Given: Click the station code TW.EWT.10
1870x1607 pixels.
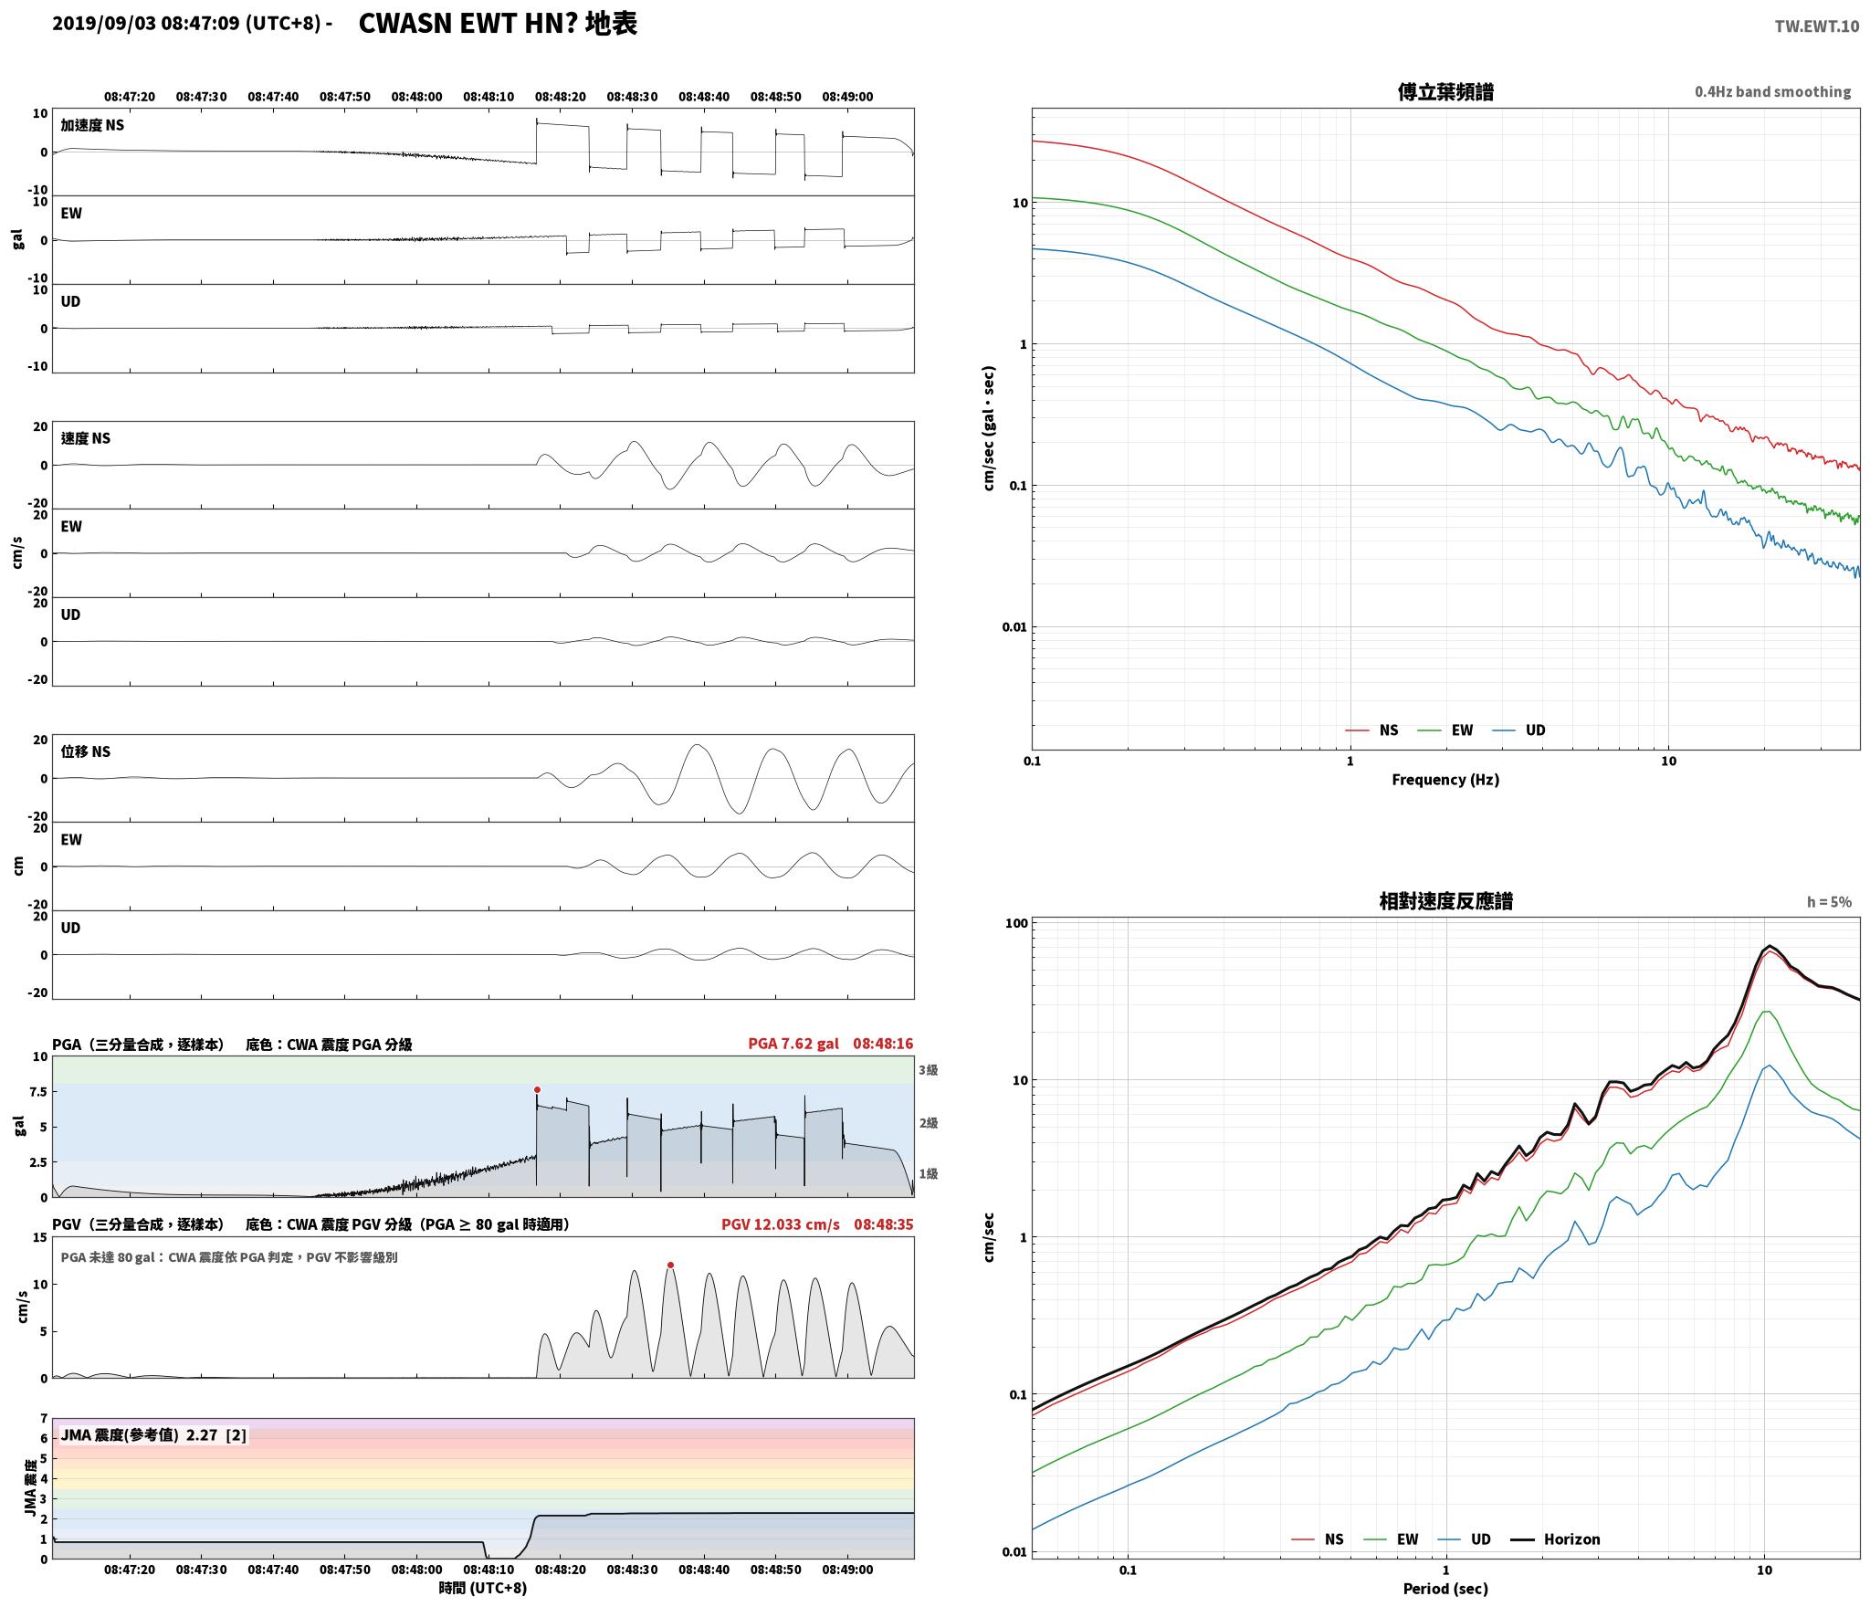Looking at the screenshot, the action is tap(1816, 26).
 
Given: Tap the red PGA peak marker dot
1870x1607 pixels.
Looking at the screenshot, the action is tap(537, 1089).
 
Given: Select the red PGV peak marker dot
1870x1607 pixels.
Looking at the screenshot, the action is tap(670, 1265).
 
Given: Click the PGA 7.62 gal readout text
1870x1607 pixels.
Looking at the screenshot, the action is tap(793, 1043).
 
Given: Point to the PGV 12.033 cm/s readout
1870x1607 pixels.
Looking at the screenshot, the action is tap(780, 1224).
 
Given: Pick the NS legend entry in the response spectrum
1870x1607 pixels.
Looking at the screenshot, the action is tap(1318, 1539).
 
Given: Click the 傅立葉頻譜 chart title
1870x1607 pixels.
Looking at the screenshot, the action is tap(1445, 91).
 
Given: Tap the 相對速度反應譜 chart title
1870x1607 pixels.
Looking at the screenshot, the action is tap(1445, 900).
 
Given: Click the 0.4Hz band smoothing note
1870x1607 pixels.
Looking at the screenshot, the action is tap(1772, 91).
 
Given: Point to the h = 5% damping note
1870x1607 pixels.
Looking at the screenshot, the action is tap(1829, 901).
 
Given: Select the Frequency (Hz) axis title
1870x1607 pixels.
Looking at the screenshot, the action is tap(1445, 779).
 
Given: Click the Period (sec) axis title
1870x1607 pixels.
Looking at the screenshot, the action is tap(1445, 1588).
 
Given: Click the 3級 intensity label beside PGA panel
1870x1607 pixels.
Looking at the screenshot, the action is tap(928, 1069).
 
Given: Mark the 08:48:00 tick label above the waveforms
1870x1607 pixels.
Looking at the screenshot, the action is tap(416, 96).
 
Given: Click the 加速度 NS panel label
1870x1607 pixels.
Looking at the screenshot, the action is tap(92, 125).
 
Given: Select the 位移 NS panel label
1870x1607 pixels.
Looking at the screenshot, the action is tap(86, 751).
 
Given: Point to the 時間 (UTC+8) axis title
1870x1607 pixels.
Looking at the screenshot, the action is tap(483, 1587).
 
